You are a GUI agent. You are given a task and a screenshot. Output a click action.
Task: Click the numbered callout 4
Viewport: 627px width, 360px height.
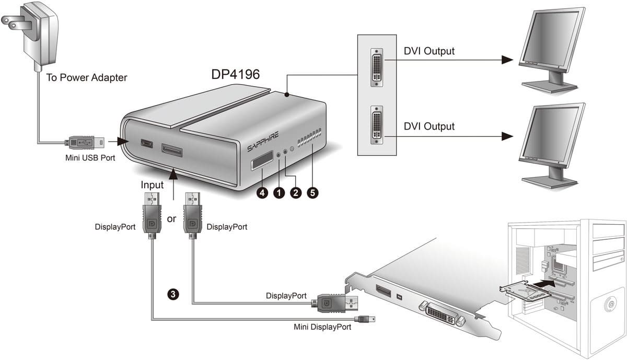click(262, 193)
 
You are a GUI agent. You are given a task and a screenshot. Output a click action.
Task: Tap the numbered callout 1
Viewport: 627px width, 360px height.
click(279, 193)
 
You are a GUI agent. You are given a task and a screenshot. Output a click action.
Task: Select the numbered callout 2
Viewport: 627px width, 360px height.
click(296, 193)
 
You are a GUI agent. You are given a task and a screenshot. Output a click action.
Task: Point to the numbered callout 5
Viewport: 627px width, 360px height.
click(312, 193)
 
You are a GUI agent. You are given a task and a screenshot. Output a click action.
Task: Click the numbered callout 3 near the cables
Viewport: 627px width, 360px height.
click(173, 294)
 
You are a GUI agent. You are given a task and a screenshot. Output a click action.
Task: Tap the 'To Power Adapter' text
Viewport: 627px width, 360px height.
click(87, 78)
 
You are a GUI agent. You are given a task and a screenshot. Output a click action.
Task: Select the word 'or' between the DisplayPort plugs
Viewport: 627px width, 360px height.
click(171, 219)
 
